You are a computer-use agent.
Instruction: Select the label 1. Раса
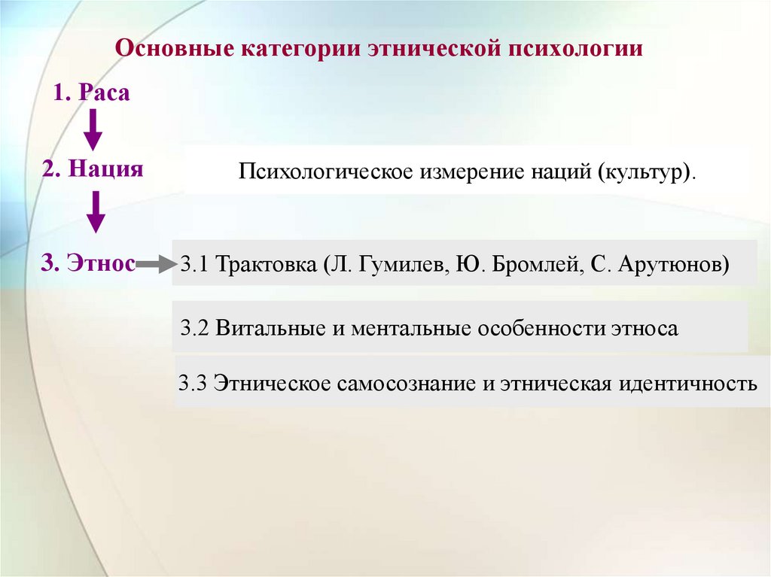tap(92, 93)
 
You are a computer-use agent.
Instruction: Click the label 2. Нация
tap(93, 168)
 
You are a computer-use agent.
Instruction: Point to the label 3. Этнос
tap(89, 263)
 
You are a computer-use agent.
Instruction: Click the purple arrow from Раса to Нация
tap(92, 129)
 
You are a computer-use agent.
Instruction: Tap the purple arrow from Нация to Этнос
tap(95, 211)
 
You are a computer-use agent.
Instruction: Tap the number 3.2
tap(195, 329)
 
